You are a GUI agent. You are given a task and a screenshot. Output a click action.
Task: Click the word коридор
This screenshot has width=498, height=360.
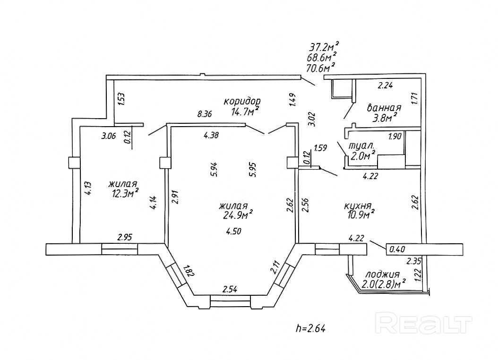click(x=242, y=102)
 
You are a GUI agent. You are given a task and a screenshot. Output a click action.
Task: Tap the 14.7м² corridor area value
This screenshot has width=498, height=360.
click(x=245, y=111)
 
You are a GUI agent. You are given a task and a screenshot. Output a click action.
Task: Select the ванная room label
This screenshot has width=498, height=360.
click(x=384, y=108)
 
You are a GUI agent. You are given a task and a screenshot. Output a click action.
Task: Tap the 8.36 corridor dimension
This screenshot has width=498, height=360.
click(x=206, y=114)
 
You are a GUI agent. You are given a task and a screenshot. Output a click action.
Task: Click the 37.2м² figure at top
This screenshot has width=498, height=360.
click(x=324, y=47)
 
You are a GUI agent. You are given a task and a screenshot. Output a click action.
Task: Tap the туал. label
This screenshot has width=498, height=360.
click(x=361, y=146)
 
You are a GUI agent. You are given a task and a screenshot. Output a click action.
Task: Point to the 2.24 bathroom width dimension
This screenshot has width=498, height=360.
click(x=386, y=86)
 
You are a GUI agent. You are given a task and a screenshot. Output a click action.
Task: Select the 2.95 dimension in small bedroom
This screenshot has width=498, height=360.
click(x=125, y=237)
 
